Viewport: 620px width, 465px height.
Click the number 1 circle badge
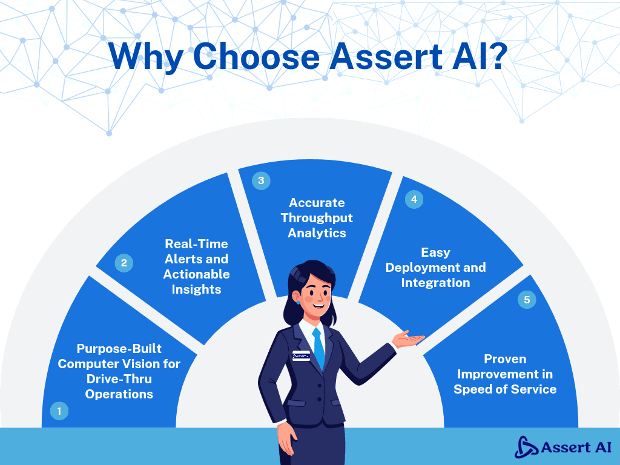(59, 411)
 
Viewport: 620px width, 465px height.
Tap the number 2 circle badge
(124, 263)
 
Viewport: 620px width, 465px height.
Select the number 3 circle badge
(261, 180)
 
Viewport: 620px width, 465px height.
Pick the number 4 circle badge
(414, 199)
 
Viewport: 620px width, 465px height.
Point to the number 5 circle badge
(527, 300)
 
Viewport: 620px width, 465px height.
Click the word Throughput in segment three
(317, 218)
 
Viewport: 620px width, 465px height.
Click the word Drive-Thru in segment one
(119, 379)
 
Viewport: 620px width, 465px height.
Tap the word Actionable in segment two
(196, 274)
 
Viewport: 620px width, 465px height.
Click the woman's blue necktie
(318, 349)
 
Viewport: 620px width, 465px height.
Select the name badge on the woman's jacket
(301, 356)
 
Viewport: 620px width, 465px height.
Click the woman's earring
(298, 301)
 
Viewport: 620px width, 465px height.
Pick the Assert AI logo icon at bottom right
(526, 447)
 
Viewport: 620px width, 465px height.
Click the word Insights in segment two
(196, 289)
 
